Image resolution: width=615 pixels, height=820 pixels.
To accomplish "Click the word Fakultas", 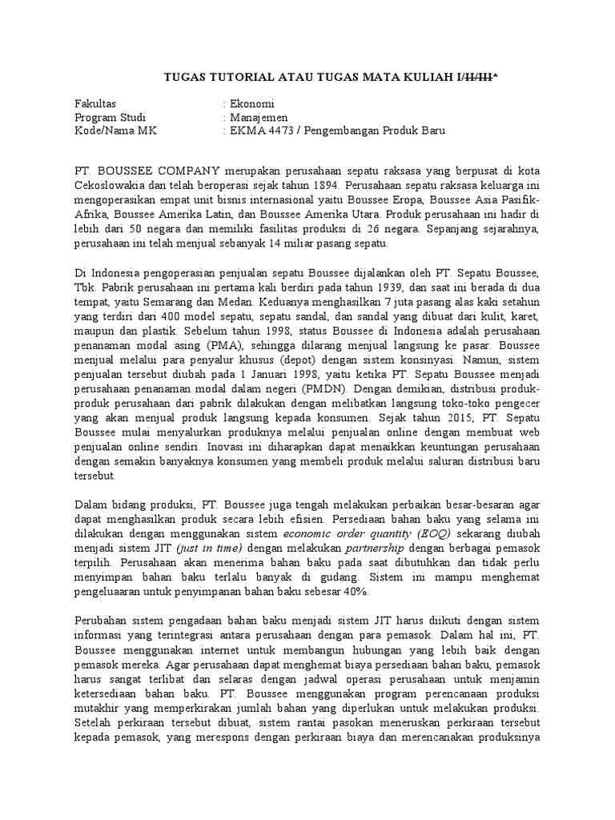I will [x=95, y=104].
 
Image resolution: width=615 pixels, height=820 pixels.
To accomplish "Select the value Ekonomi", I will [x=252, y=104].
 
